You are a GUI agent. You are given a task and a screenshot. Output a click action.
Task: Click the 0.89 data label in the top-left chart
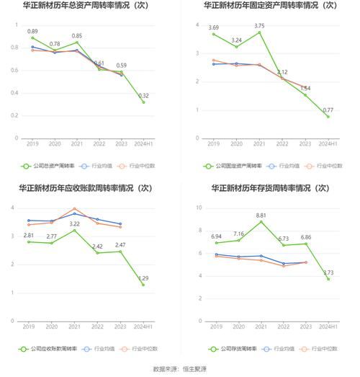tap(33, 32)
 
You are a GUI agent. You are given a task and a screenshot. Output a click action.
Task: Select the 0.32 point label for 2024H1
tap(144, 96)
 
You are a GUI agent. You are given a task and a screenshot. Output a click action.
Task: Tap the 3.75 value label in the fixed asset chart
tap(259, 26)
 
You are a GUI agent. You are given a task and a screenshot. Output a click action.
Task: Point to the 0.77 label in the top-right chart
tap(328, 110)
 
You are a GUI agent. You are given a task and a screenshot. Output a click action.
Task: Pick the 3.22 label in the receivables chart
tap(75, 224)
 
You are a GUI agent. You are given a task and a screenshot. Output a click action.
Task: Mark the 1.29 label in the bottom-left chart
tap(144, 278)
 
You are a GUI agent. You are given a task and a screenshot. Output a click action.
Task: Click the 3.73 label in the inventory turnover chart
tap(328, 272)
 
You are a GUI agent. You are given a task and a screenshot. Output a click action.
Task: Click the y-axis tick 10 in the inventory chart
tap(198, 208)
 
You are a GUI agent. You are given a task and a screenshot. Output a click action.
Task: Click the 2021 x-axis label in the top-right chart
tap(259, 144)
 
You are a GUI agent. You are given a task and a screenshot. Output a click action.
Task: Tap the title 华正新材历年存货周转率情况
tap(269, 188)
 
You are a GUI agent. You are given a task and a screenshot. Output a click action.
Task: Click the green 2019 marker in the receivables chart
tap(30, 241)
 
